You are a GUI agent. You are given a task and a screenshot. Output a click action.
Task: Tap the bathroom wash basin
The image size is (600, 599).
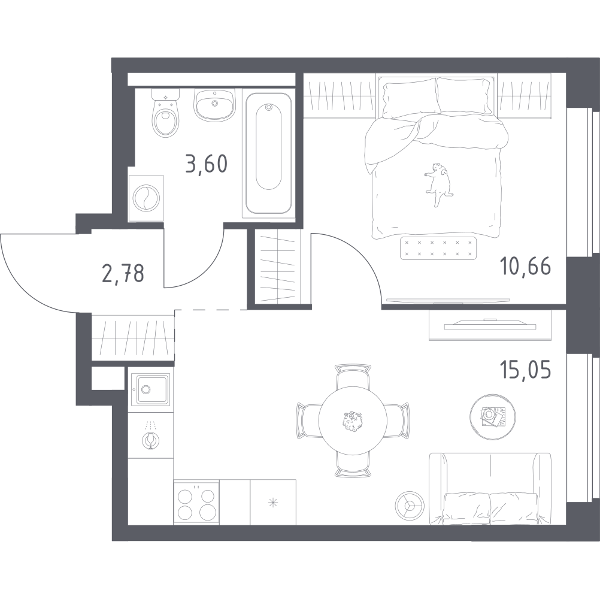tap(214, 104)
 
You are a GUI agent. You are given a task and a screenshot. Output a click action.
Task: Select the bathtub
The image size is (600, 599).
tap(269, 153)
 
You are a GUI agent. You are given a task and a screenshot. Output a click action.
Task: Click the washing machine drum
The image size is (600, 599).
tap(146, 198)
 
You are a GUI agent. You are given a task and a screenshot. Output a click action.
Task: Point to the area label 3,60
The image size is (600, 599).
tap(206, 164)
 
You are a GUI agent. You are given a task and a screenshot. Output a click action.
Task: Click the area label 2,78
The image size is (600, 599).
tap(123, 273)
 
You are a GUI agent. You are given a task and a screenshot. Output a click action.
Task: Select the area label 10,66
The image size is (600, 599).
tap(525, 266)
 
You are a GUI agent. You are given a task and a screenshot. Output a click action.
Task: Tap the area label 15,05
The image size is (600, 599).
tap(525, 370)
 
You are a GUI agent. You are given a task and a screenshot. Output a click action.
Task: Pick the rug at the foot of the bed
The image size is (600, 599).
tap(438, 248)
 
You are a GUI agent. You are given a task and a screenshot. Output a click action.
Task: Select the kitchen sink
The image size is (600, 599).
tap(150, 389)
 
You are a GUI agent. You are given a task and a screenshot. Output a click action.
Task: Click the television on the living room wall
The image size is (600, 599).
tap(490, 326)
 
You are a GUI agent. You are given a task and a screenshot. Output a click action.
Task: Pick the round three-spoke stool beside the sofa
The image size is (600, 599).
tap(410, 505)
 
